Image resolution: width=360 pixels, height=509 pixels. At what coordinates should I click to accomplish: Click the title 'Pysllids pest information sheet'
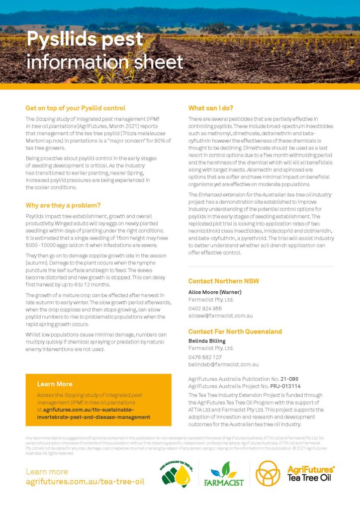pyautogui.click(x=104, y=50)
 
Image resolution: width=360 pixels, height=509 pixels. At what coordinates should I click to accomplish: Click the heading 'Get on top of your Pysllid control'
pyautogui.click(x=75, y=108)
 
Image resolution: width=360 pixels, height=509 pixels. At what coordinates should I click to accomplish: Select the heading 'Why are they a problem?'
pyautogui.click(x=63, y=205)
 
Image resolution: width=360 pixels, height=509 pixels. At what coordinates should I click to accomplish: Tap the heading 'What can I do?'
pyautogui.click(x=211, y=108)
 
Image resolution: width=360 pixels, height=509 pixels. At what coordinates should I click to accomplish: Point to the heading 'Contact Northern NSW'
pyautogui.click(x=223, y=281)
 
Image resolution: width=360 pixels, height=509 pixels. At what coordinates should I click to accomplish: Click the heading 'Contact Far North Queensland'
pyautogui.click(x=235, y=332)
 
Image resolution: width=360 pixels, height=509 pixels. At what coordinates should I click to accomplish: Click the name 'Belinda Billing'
pyautogui.click(x=207, y=341)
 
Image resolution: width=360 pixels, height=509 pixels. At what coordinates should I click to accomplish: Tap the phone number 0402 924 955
pyautogui.click(x=205, y=308)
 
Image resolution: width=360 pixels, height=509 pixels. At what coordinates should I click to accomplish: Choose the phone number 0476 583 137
pyautogui.click(x=205, y=357)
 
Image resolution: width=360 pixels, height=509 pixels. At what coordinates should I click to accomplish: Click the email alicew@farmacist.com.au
pyautogui.click(x=220, y=316)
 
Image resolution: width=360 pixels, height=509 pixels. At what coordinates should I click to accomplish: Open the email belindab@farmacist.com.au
pyautogui.click(x=223, y=364)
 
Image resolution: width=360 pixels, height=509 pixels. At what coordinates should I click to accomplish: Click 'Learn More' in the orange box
pyautogui.click(x=55, y=384)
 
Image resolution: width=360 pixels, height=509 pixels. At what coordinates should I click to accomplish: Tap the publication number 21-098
pyautogui.click(x=290, y=379)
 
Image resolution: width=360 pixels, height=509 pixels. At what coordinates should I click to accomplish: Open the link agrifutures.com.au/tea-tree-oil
pyautogui.click(x=85, y=482)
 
